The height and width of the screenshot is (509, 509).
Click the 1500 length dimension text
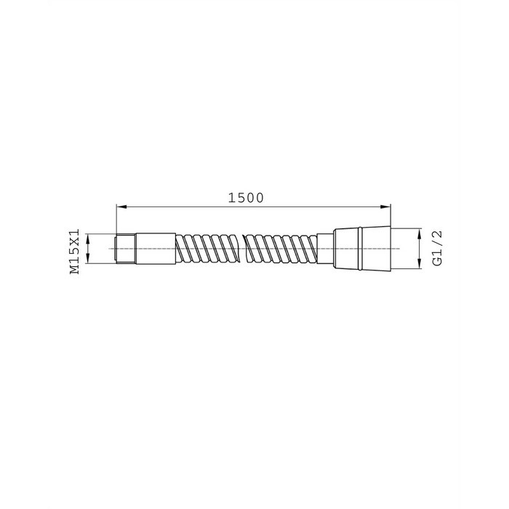pos(246,198)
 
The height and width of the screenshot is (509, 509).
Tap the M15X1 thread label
pos(75,252)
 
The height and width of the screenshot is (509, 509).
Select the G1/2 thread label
pos(437,249)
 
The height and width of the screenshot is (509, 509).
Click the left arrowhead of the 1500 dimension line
pos(121,207)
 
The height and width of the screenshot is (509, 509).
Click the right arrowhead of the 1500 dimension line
pos(385,207)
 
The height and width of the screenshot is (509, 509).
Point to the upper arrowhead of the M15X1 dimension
pos(87,239)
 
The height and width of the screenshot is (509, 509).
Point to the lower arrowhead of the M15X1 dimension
pos(87,258)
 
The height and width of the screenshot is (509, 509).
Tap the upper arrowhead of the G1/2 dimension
pos(419,233)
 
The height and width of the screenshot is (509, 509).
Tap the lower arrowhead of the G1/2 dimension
pos(419,263)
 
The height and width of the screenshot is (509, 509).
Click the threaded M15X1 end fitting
pos(126,249)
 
